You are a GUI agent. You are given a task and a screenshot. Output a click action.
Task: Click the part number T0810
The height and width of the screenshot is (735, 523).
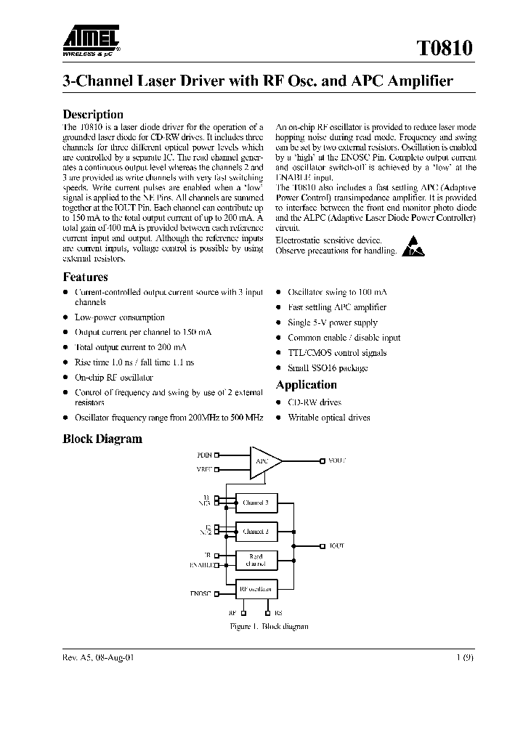coord(445,49)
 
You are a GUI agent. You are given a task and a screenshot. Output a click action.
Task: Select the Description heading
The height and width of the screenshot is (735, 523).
coord(93,114)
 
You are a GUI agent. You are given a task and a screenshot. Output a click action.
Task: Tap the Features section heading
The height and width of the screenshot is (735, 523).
coord(85,277)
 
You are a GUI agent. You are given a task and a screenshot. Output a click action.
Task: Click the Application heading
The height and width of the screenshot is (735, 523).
coord(306,385)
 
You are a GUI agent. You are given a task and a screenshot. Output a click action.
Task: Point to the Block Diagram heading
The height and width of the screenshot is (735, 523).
coord(102,439)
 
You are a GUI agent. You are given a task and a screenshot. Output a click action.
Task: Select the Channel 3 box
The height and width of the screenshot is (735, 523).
coord(256,503)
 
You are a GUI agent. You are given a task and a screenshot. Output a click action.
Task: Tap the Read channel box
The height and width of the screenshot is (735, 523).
coord(256,560)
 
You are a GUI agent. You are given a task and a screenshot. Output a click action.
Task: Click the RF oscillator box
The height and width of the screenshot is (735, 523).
coord(256,589)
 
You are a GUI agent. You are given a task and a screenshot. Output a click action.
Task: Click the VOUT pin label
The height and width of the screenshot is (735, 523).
coord(337,460)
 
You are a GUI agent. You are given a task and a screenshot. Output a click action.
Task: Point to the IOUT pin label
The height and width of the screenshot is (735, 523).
coord(336,545)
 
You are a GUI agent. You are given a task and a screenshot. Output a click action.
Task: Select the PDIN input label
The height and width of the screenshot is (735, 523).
coord(204,455)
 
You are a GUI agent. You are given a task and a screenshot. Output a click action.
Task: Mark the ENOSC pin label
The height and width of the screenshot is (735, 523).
coord(201,593)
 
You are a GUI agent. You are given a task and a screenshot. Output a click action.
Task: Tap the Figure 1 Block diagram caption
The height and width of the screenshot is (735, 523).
coord(259,626)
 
